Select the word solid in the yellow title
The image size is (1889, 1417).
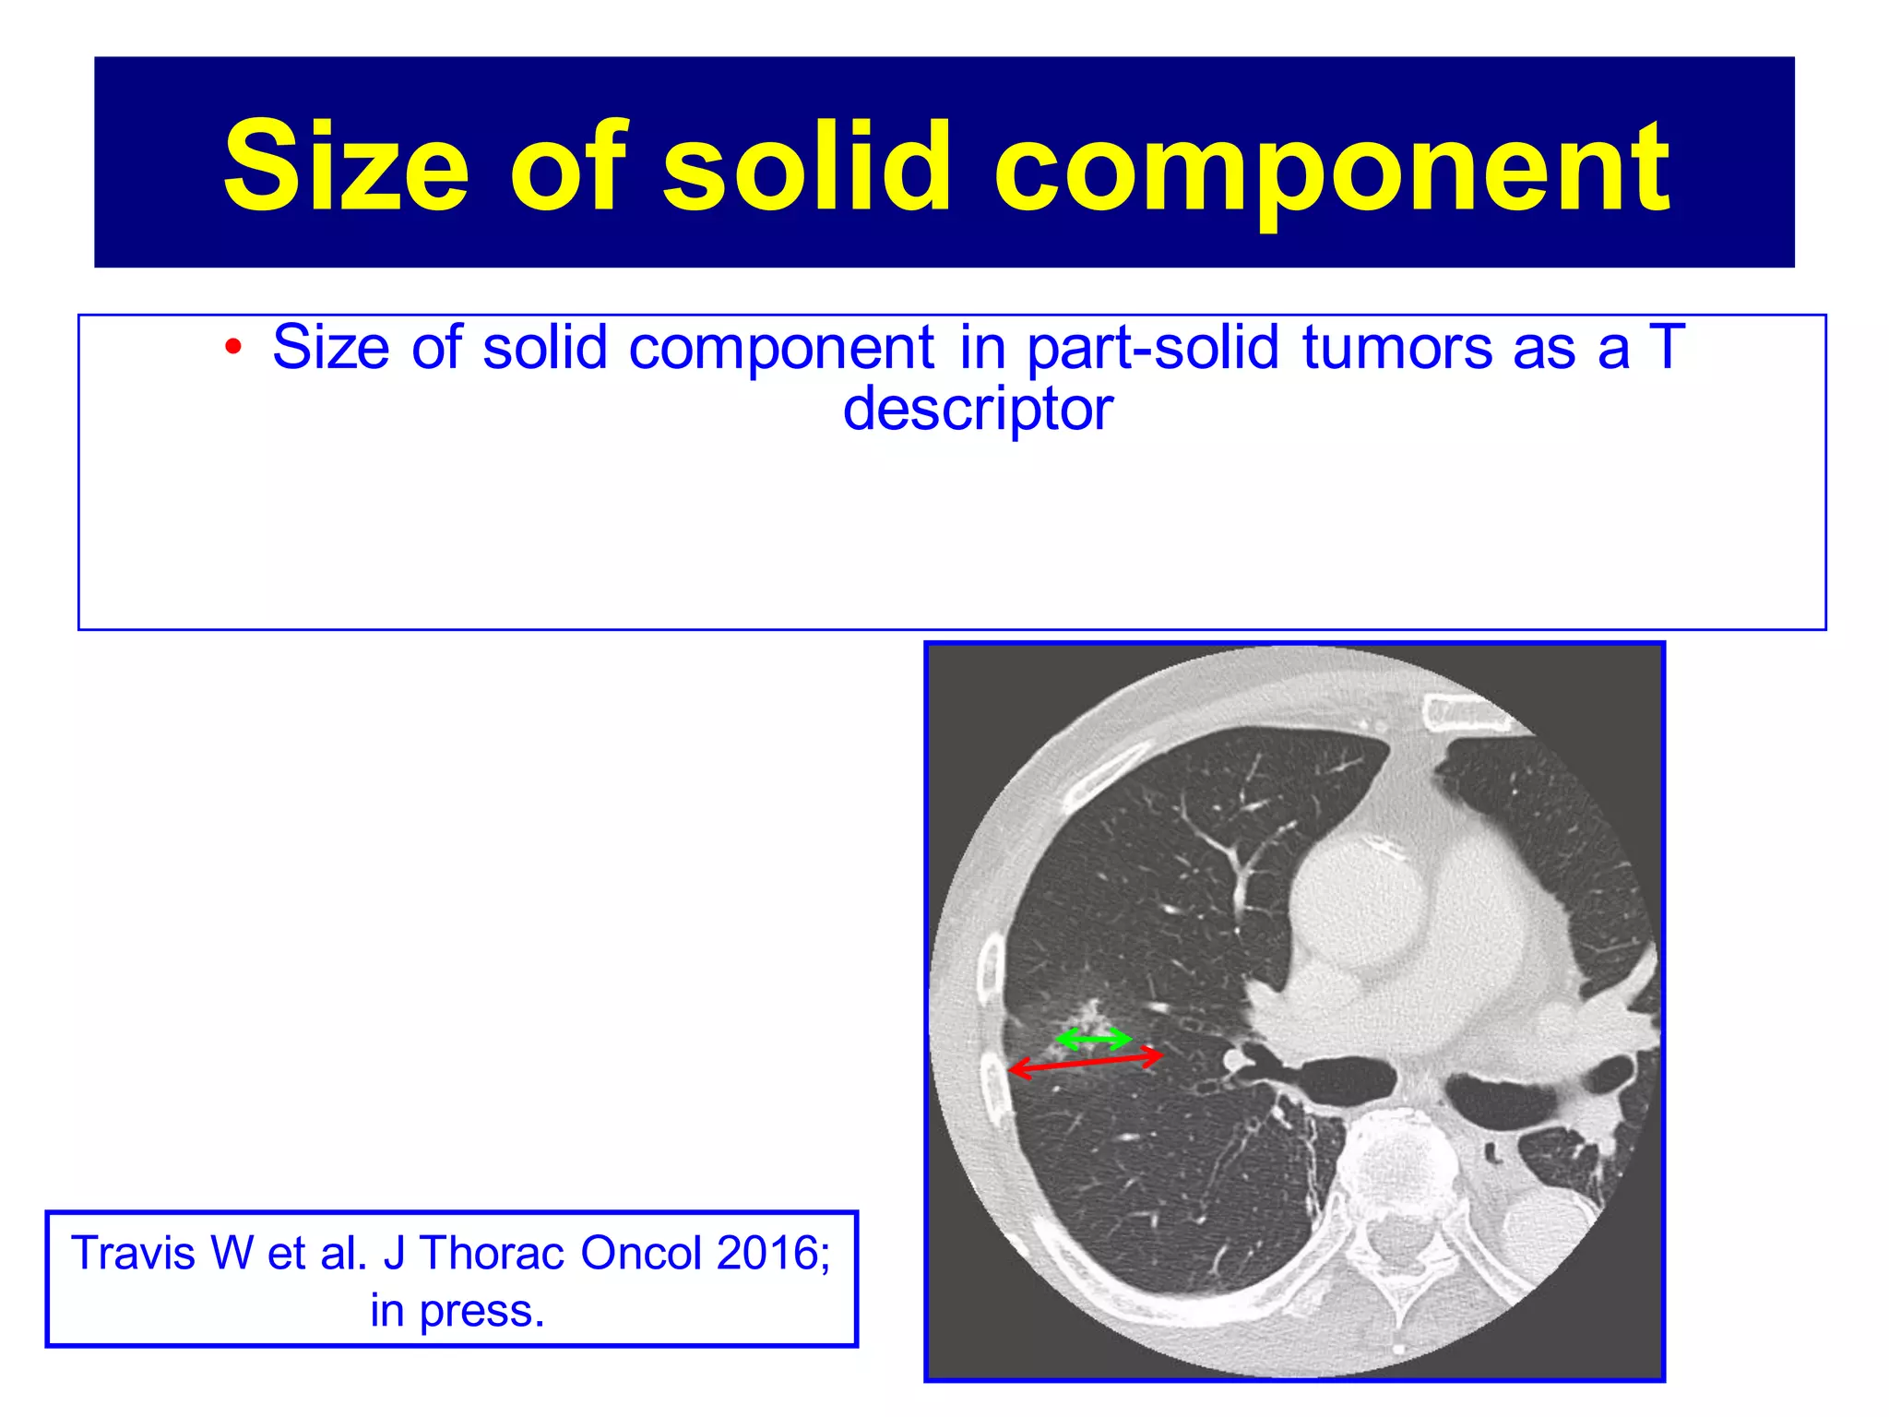pos(806,166)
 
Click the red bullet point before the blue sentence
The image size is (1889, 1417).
pos(233,348)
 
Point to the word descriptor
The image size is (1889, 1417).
pos(978,410)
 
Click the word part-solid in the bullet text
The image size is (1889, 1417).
pos(1152,348)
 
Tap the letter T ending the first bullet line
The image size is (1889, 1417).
pos(1668,348)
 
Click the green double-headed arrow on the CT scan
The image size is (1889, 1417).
pos(1093,1040)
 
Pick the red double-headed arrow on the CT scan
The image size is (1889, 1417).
pos(1085,1062)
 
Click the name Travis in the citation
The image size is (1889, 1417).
pos(135,1253)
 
